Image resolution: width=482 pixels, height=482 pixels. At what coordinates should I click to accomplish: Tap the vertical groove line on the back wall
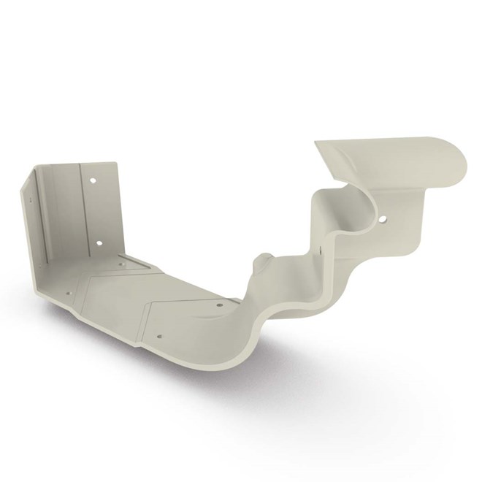(80, 212)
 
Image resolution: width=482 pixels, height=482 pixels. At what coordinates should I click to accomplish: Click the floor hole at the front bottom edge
(158, 337)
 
